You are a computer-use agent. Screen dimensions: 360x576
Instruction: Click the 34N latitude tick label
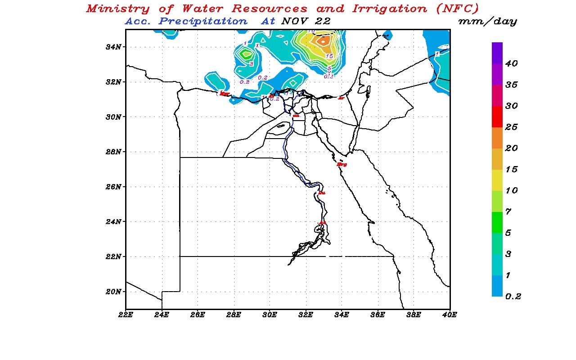112,47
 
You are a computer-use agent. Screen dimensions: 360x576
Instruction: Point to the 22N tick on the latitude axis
112,256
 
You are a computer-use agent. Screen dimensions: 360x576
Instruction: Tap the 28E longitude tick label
234,315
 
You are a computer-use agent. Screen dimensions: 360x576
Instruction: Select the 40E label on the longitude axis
450,315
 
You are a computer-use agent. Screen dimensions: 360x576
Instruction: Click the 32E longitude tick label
306,315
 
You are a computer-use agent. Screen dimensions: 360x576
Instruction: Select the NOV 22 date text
306,21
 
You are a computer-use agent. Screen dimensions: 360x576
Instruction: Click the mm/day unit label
487,22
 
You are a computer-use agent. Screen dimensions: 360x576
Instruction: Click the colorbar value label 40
511,64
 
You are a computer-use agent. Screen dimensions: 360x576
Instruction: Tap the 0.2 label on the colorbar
513,297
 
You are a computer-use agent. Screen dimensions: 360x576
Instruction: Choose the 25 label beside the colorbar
511,127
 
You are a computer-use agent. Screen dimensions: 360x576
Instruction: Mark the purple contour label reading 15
329,56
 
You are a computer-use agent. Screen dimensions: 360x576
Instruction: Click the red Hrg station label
342,165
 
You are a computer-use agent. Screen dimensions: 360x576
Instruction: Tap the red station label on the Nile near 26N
321,193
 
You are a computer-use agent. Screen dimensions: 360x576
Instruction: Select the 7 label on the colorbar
508,212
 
